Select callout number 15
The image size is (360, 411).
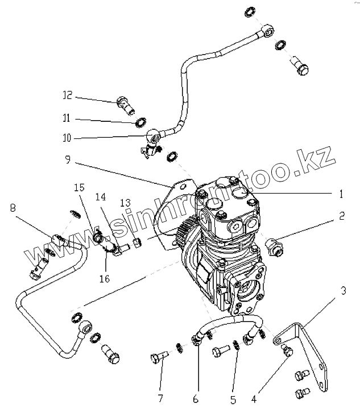click(x=78, y=187)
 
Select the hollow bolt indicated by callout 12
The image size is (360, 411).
click(x=124, y=104)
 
